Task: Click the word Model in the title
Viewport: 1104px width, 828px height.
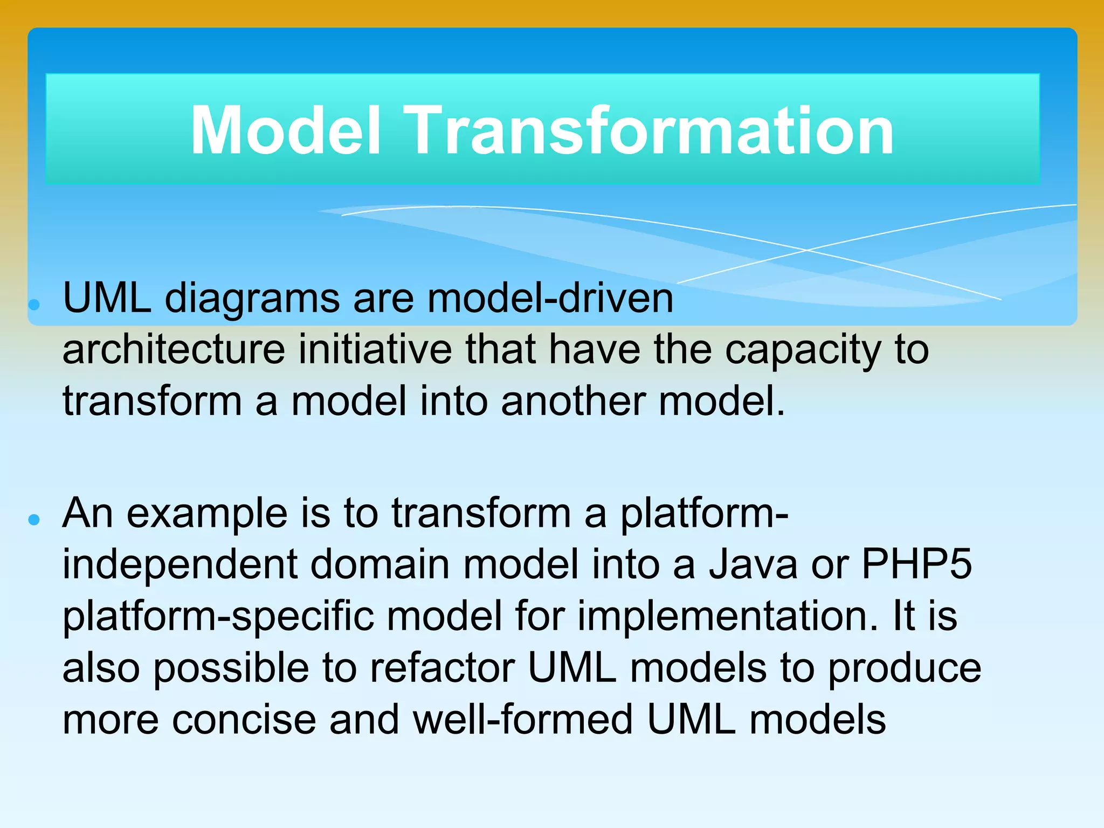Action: click(x=286, y=130)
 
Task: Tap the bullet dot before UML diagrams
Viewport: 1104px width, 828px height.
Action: click(x=34, y=305)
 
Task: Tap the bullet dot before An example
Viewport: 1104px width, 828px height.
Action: click(x=34, y=520)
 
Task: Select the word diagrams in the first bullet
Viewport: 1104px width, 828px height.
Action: click(x=252, y=299)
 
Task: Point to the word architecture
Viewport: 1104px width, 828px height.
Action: click(x=174, y=350)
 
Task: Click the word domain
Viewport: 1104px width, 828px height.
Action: click(x=379, y=564)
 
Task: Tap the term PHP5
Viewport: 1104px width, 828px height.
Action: click(x=916, y=564)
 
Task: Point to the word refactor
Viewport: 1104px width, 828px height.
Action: click(x=442, y=668)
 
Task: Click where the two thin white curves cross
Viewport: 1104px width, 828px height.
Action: click(x=807, y=250)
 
